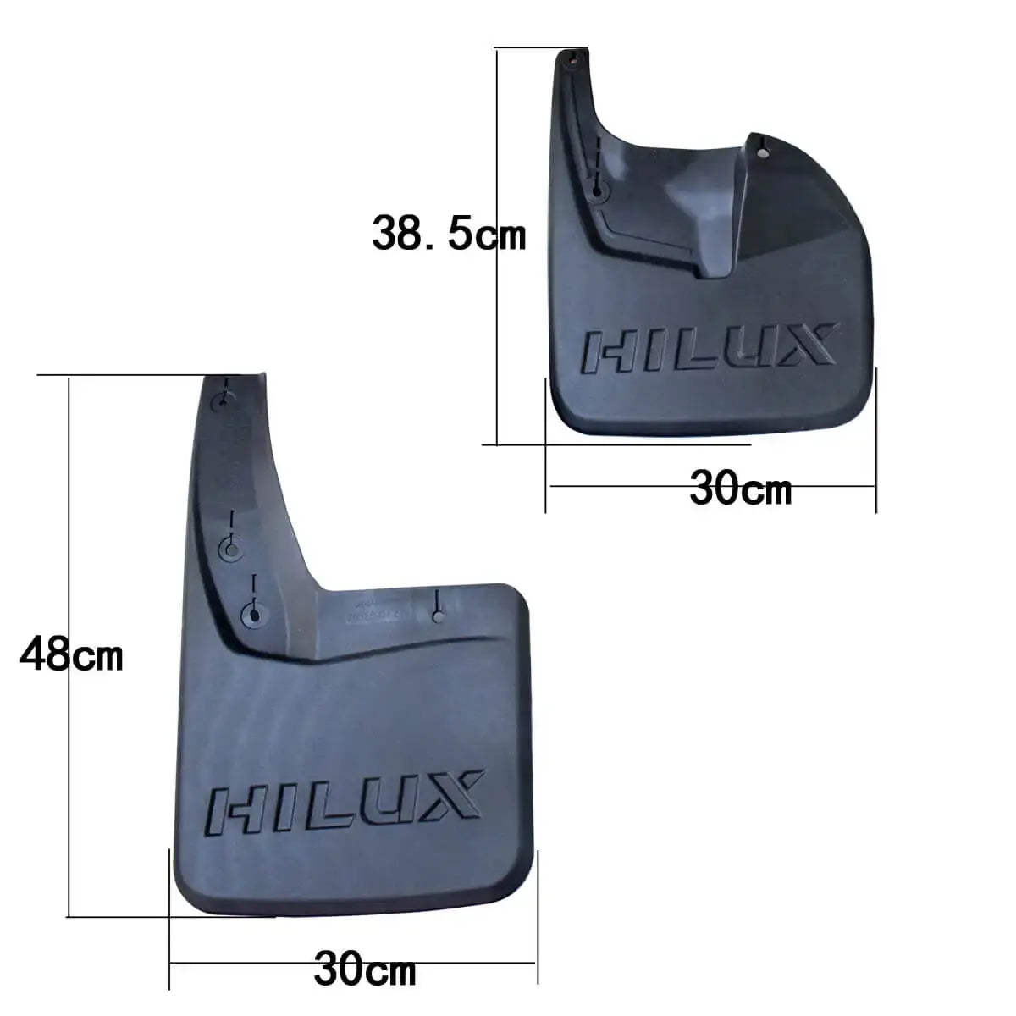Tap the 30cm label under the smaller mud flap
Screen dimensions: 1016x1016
click(741, 489)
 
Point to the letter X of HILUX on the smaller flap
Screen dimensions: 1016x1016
click(803, 345)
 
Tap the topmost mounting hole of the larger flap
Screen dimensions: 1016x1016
click(224, 401)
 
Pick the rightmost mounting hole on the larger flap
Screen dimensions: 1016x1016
click(437, 616)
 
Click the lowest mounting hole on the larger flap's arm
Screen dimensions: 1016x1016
click(251, 614)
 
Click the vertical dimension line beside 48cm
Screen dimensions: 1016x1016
click(69, 508)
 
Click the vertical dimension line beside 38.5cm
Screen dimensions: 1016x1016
click(498, 339)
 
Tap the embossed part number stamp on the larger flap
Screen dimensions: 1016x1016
click(373, 611)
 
